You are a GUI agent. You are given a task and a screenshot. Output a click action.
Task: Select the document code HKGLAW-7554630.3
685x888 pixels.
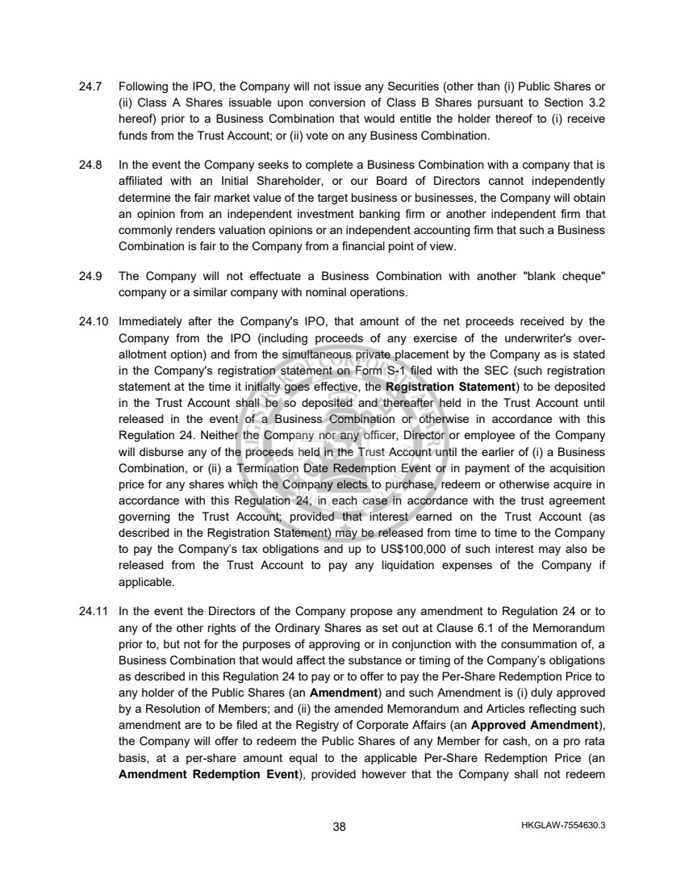click(564, 826)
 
